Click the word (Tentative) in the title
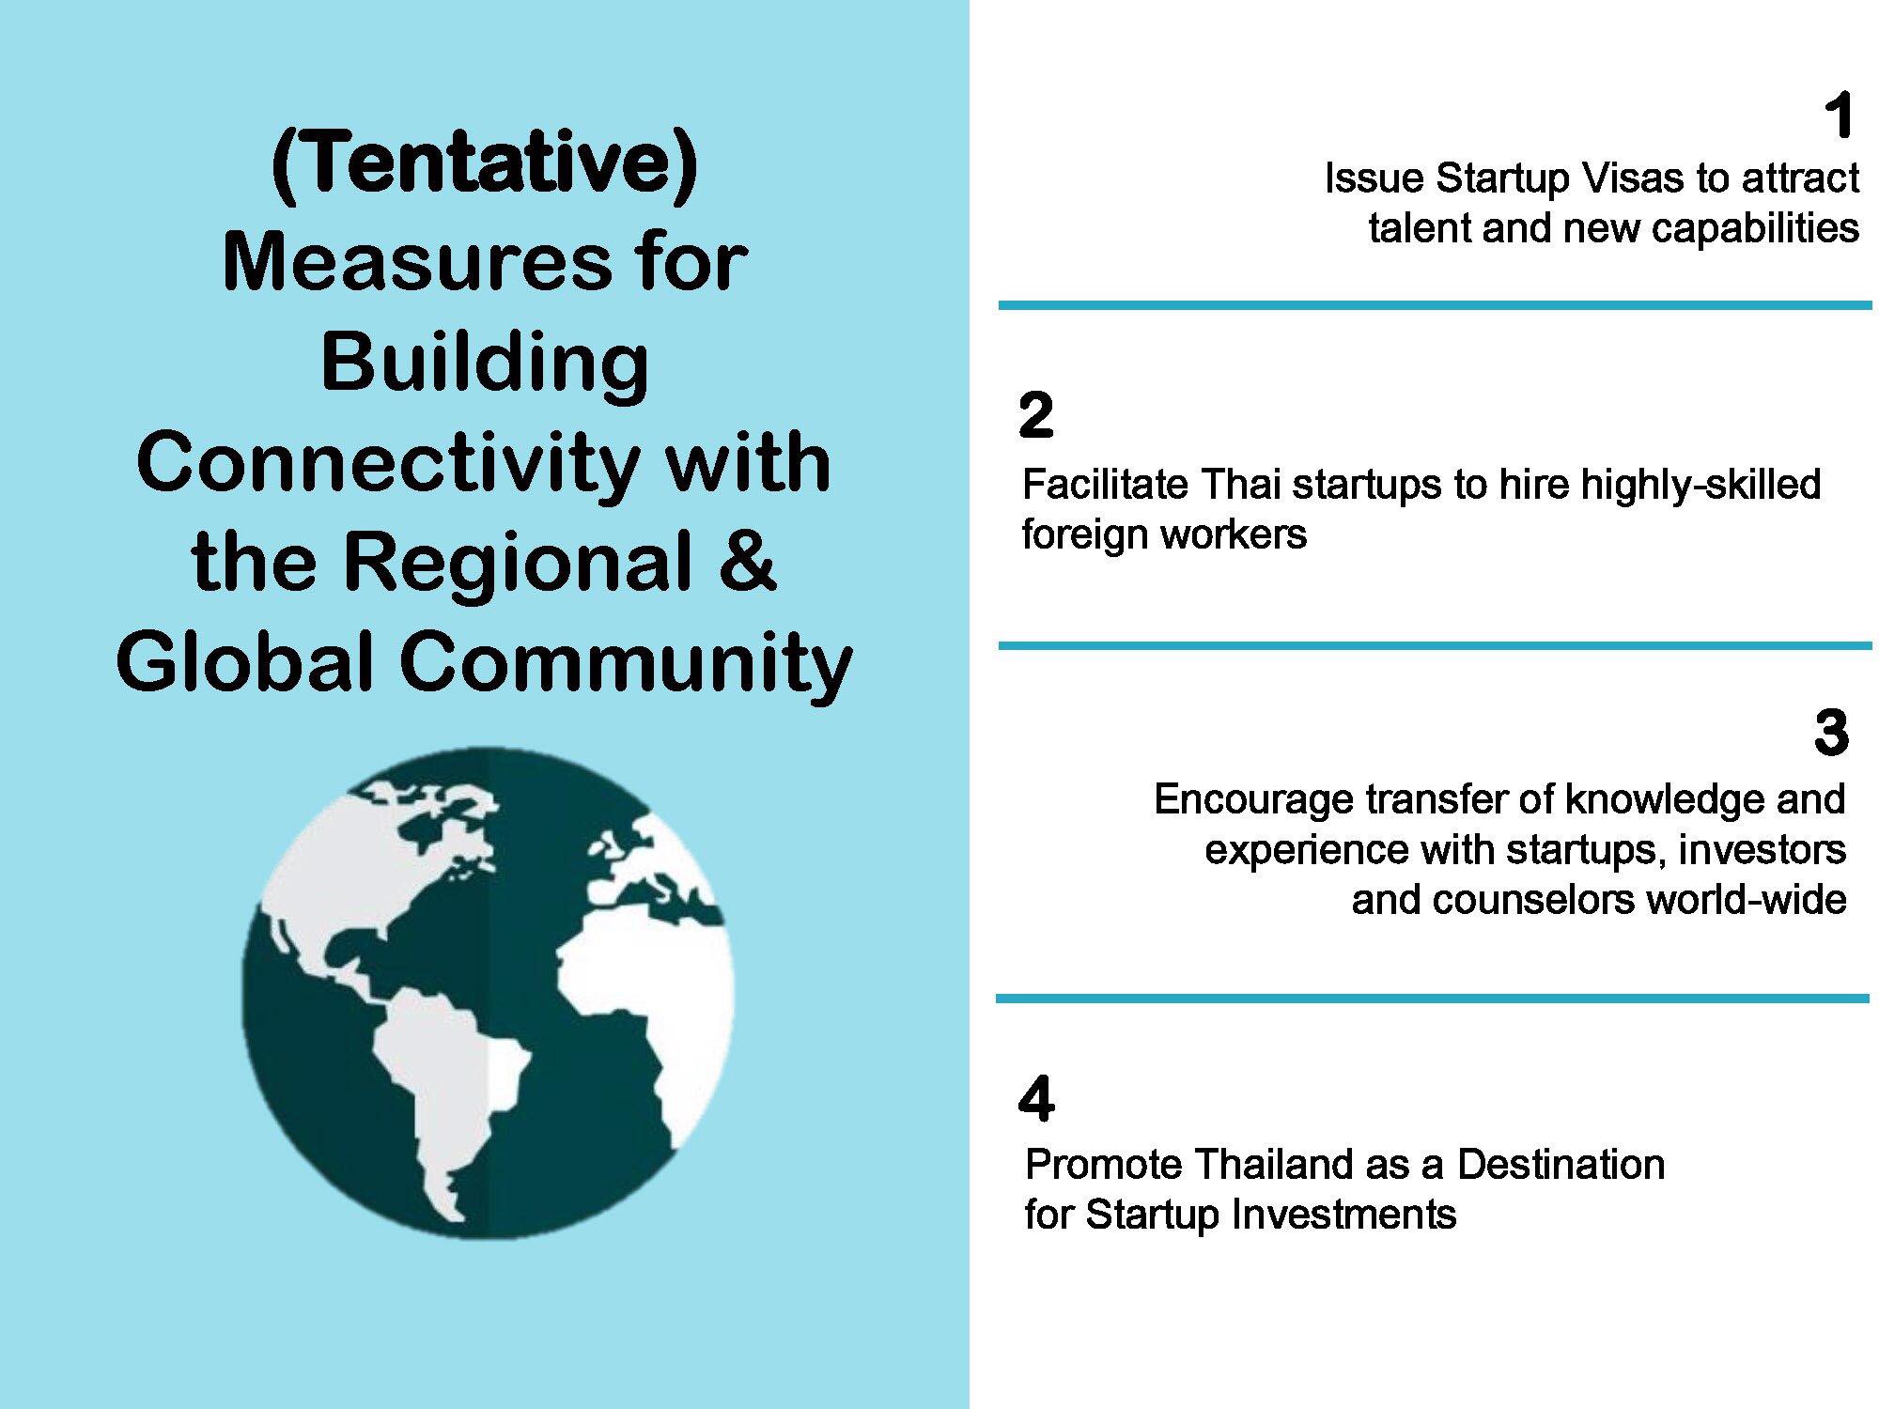(x=485, y=163)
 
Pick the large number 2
(x=1035, y=415)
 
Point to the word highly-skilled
(x=1701, y=485)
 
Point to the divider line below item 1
(x=1435, y=305)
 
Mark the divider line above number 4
(x=1433, y=998)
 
